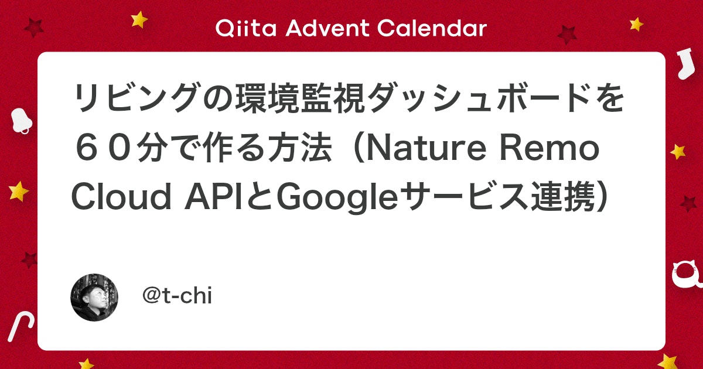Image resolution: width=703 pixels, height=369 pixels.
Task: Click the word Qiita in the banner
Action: pos(245,28)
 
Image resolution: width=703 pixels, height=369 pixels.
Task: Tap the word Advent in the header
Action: pos(327,28)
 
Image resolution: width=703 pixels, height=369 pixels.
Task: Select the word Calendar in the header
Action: pos(432,28)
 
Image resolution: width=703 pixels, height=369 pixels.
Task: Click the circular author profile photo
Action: pos(94,297)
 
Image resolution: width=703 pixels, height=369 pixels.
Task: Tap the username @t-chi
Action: pos(178,296)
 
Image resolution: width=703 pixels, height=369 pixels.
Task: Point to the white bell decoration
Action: pos(21,121)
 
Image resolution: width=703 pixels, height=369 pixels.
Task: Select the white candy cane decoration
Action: pos(21,327)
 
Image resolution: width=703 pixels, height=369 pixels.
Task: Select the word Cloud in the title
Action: pos(122,197)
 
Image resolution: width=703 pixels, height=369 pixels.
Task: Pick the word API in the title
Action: pos(213,197)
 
